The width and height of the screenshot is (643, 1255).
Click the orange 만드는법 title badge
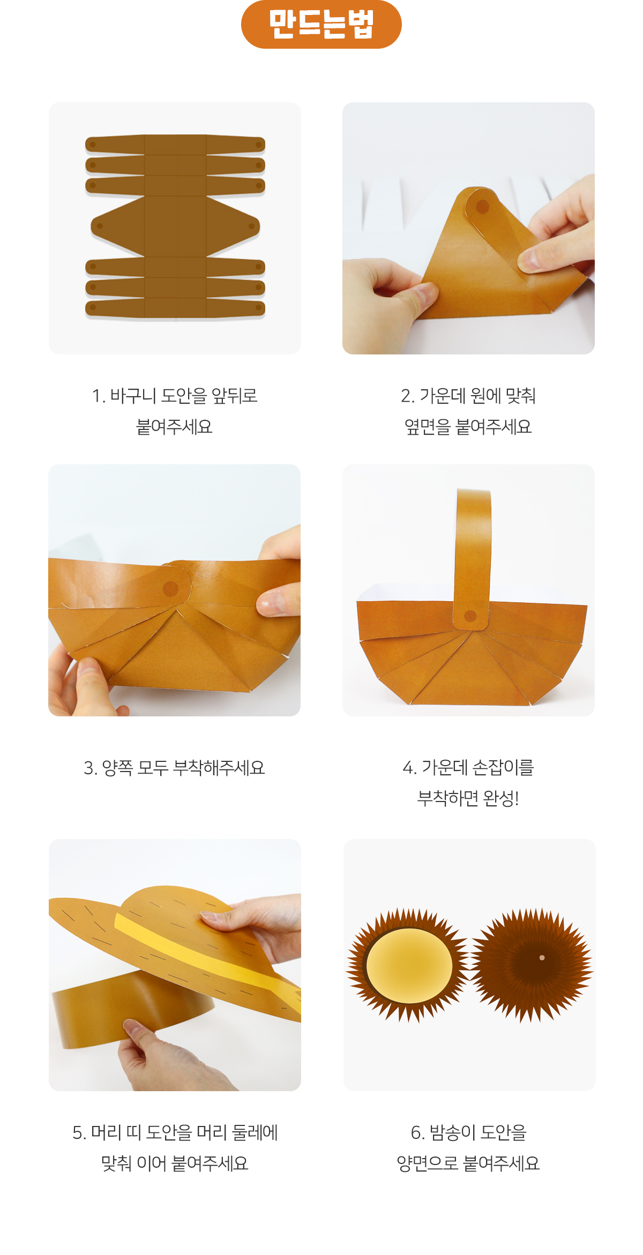click(x=322, y=24)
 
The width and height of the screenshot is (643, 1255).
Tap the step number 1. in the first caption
click(x=98, y=396)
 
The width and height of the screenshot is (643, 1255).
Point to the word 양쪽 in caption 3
click(x=117, y=768)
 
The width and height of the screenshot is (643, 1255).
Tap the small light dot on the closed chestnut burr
click(x=542, y=958)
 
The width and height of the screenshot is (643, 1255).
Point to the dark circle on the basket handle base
click(x=470, y=616)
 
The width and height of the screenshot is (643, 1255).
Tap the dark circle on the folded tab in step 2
click(x=482, y=207)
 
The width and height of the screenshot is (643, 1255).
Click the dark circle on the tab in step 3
click(x=170, y=589)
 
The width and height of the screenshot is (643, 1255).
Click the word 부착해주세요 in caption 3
click(x=219, y=768)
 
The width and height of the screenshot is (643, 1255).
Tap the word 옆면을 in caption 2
click(x=427, y=427)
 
